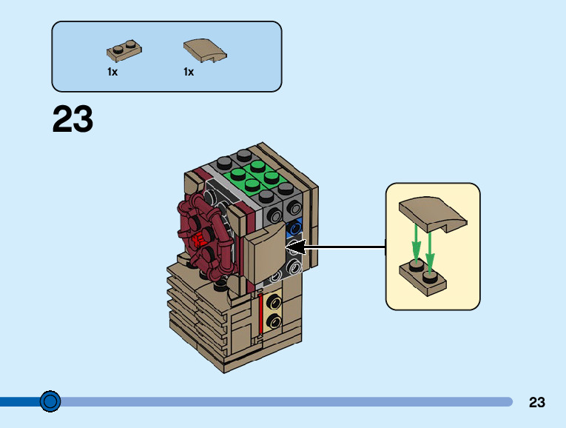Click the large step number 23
click(x=73, y=120)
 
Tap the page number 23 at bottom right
click(x=537, y=403)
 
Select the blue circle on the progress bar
click(x=50, y=401)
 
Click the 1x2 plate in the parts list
click(x=124, y=51)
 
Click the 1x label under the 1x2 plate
click(x=112, y=73)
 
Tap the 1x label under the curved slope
click(x=189, y=73)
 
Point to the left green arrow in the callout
click(x=417, y=244)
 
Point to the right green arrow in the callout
click(x=430, y=248)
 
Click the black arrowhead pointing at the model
click(x=294, y=246)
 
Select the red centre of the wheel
click(x=198, y=240)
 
